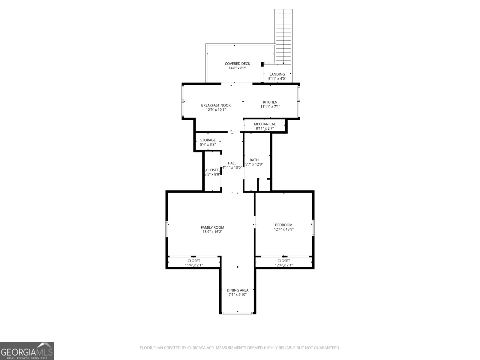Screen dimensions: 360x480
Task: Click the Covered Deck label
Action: click(237, 64)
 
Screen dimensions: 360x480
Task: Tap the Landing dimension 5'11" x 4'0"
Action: click(277, 79)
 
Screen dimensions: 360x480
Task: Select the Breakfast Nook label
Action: click(216, 105)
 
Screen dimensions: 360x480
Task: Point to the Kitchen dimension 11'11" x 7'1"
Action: click(270, 106)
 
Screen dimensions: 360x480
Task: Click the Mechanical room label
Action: click(265, 124)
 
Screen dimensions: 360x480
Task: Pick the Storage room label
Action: click(208, 140)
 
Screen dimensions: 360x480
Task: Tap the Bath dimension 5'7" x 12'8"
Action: click(254, 164)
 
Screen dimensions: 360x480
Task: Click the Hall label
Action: click(232, 163)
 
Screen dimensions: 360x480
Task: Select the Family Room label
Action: click(212, 227)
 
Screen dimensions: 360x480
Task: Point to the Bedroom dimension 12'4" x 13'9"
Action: click(283, 229)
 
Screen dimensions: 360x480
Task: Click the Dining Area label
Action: click(237, 290)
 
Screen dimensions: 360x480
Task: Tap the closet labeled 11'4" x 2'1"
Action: click(194, 263)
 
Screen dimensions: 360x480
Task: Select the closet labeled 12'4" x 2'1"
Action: click(283, 263)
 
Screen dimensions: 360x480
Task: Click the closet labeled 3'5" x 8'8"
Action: click(212, 172)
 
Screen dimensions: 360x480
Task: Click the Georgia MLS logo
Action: click(27, 351)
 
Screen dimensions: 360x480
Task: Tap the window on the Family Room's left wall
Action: click(167, 229)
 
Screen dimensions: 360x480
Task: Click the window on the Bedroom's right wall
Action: click(313, 227)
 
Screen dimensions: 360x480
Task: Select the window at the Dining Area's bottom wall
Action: click(237, 313)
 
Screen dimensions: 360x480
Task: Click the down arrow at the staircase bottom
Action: click(283, 63)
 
